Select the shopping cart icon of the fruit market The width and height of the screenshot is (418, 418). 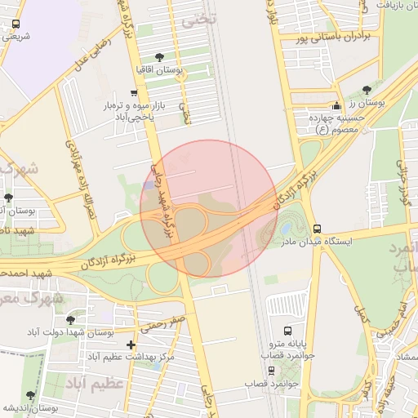134,93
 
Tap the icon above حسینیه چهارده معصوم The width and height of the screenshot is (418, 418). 336,106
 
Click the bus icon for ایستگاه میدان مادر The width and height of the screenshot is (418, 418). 317,229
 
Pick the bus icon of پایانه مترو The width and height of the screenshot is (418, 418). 287,331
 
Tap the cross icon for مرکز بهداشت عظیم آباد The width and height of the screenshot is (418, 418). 131,345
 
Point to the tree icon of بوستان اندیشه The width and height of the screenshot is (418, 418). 30,395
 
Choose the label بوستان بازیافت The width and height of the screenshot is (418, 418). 391,5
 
